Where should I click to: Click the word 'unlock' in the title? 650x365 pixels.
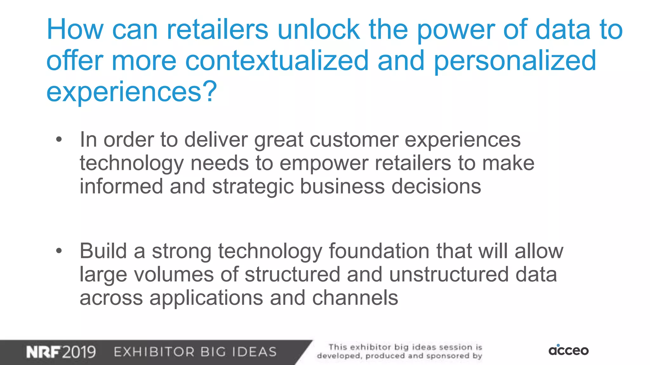pyautogui.click(x=318, y=29)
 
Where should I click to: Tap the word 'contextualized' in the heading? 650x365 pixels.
pyautogui.click(x=277, y=61)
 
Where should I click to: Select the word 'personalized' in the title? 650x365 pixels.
pyautogui.click(x=515, y=61)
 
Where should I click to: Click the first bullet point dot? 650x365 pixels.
pyautogui.click(x=59, y=139)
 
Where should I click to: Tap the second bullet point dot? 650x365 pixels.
pyautogui.click(x=59, y=251)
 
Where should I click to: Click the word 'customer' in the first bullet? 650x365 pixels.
pyautogui.click(x=354, y=140)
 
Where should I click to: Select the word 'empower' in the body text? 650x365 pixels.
pyautogui.click(x=324, y=163)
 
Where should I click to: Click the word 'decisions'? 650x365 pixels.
pyautogui.click(x=436, y=186)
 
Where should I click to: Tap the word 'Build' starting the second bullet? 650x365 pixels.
pyautogui.click(x=103, y=251)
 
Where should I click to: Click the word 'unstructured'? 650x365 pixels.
pyautogui.click(x=449, y=274)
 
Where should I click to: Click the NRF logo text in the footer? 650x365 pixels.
pyautogui.click(x=43, y=352)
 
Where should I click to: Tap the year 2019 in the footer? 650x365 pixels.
pyautogui.click(x=79, y=352)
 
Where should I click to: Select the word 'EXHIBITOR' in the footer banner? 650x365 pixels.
pyautogui.click(x=154, y=352)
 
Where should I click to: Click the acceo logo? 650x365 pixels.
pyautogui.click(x=568, y=350)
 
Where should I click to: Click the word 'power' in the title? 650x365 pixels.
pyautogui.click(x=456, y=29)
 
